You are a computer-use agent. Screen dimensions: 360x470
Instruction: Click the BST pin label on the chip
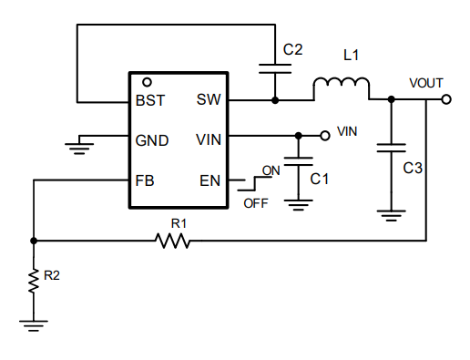pos(150,101)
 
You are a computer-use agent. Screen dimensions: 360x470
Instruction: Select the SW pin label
pos(207,101)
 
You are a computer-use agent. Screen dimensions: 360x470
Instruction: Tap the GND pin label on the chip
pos(151,140)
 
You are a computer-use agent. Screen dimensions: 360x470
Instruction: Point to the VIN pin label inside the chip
pos(208,140)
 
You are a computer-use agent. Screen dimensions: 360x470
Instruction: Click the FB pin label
pos(145,180)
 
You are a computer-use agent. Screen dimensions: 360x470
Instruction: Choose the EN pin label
pos(209,180)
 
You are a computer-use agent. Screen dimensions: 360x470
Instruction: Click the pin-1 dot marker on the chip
pos(147,82)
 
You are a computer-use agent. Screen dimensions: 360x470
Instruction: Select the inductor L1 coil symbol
pos(342,88)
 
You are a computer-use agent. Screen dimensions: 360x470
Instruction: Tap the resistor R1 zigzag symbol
pos(172,241)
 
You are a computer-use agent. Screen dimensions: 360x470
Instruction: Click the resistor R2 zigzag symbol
pos(34,282)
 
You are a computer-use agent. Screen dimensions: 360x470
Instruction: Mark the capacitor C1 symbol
pos(298,162)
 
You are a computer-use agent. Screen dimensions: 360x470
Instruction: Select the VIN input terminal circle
pos(324,136)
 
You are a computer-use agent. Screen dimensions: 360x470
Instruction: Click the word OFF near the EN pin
pos(256,203)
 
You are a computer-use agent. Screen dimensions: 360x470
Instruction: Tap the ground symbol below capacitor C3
pos(391,215)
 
